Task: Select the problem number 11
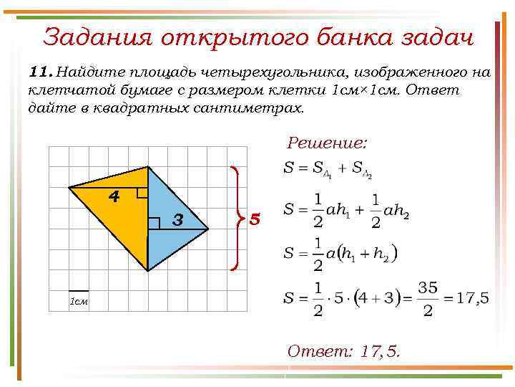click(x=40, y=72)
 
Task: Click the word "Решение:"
click(x=327, y=143)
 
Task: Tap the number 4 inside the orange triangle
click(x=114, y=196)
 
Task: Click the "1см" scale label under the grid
click(x=78, y=301)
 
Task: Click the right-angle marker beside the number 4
click(x=142, y=192)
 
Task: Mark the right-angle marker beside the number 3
click(x=153, y=223)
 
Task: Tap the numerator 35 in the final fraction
click(x=427, y=287)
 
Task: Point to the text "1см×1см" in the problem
click(x=370, y=90)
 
